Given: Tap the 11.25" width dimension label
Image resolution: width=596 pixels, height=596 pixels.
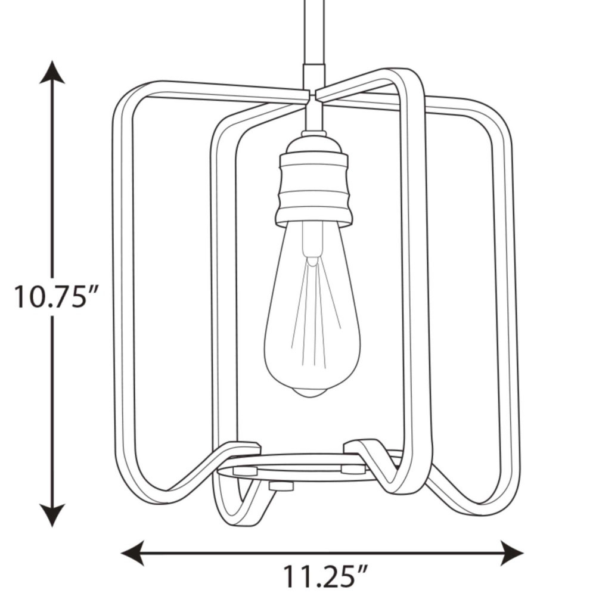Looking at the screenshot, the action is click(x=325, y=576).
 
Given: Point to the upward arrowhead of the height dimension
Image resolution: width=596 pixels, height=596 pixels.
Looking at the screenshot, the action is click(x=52, y=72).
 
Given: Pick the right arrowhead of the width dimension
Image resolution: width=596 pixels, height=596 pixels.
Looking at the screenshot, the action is click(x=511, y=552).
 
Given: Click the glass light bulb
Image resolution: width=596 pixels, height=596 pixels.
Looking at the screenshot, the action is click(x=312, y=309).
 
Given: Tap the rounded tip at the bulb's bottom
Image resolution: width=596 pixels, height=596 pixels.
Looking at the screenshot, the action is click(x=312, y=392).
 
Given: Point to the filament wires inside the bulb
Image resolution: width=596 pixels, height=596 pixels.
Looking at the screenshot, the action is click(x=315, y=312).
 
